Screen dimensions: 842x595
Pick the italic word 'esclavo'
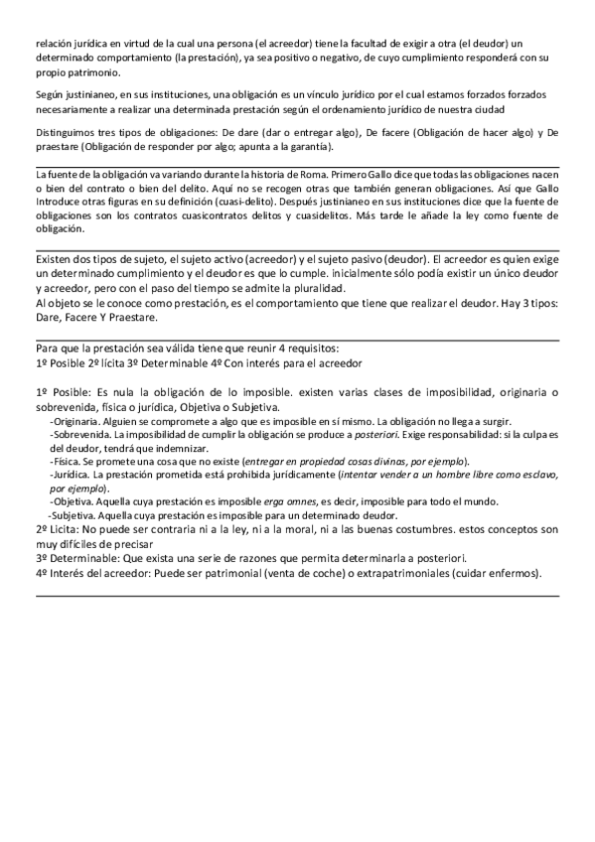click(532, 476)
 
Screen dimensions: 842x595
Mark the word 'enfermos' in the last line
click(509, 573)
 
